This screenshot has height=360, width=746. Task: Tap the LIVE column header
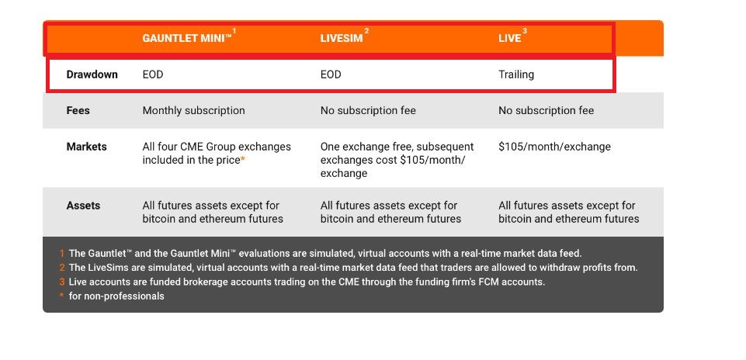click(x=510, y=38)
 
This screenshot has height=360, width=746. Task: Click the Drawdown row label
click(x=92, y=74)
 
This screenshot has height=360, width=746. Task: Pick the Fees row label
click(x=78, y=110)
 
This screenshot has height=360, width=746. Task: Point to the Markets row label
click(x=87, y=147)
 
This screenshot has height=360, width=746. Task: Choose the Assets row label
click(x=83, y=206)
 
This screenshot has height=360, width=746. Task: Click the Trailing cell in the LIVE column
click(x=516, y=74)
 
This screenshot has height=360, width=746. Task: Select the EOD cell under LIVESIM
click(x=331, y=74)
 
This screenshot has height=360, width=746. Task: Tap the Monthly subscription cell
click(x=193, y=111)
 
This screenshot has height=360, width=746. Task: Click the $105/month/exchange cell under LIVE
click(x=554, y=147)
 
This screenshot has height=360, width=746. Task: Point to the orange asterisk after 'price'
click(x=243, y=159)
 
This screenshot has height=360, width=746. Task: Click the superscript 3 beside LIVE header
click(x=525, y=31)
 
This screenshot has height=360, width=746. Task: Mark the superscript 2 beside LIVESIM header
click(x=366, y=31)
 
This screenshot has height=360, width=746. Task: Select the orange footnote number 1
click(x=62, y=254)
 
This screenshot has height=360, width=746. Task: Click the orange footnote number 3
click(x=62, y=282)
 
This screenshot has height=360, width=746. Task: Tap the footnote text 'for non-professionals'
click(x=116, y=296)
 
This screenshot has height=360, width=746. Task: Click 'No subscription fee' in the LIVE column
click(x=546, y=111)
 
